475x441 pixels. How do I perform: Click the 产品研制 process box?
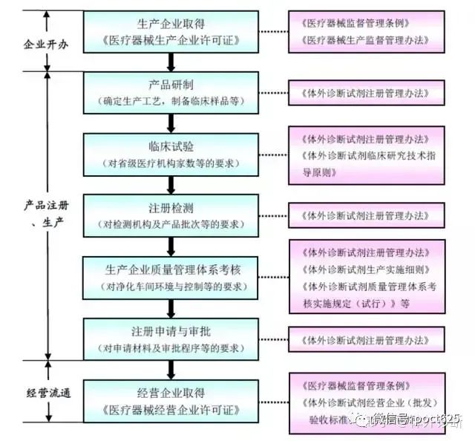[x=171, y=91]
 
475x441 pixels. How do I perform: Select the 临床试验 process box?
[x=171, y=154]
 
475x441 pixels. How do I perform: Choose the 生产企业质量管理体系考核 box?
[x=171, y=277]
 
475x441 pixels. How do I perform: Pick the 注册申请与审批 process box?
[x=171, y=339]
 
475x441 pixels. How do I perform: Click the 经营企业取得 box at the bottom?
[x=171, y=402]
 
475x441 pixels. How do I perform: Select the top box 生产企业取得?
[x=171, y=30]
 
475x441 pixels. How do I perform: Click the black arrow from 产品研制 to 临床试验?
[x=171, y=122]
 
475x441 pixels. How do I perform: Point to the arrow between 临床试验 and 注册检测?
[x=171, y=185]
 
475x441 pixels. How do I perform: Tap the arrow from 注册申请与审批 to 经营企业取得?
[x=171, y=370]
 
